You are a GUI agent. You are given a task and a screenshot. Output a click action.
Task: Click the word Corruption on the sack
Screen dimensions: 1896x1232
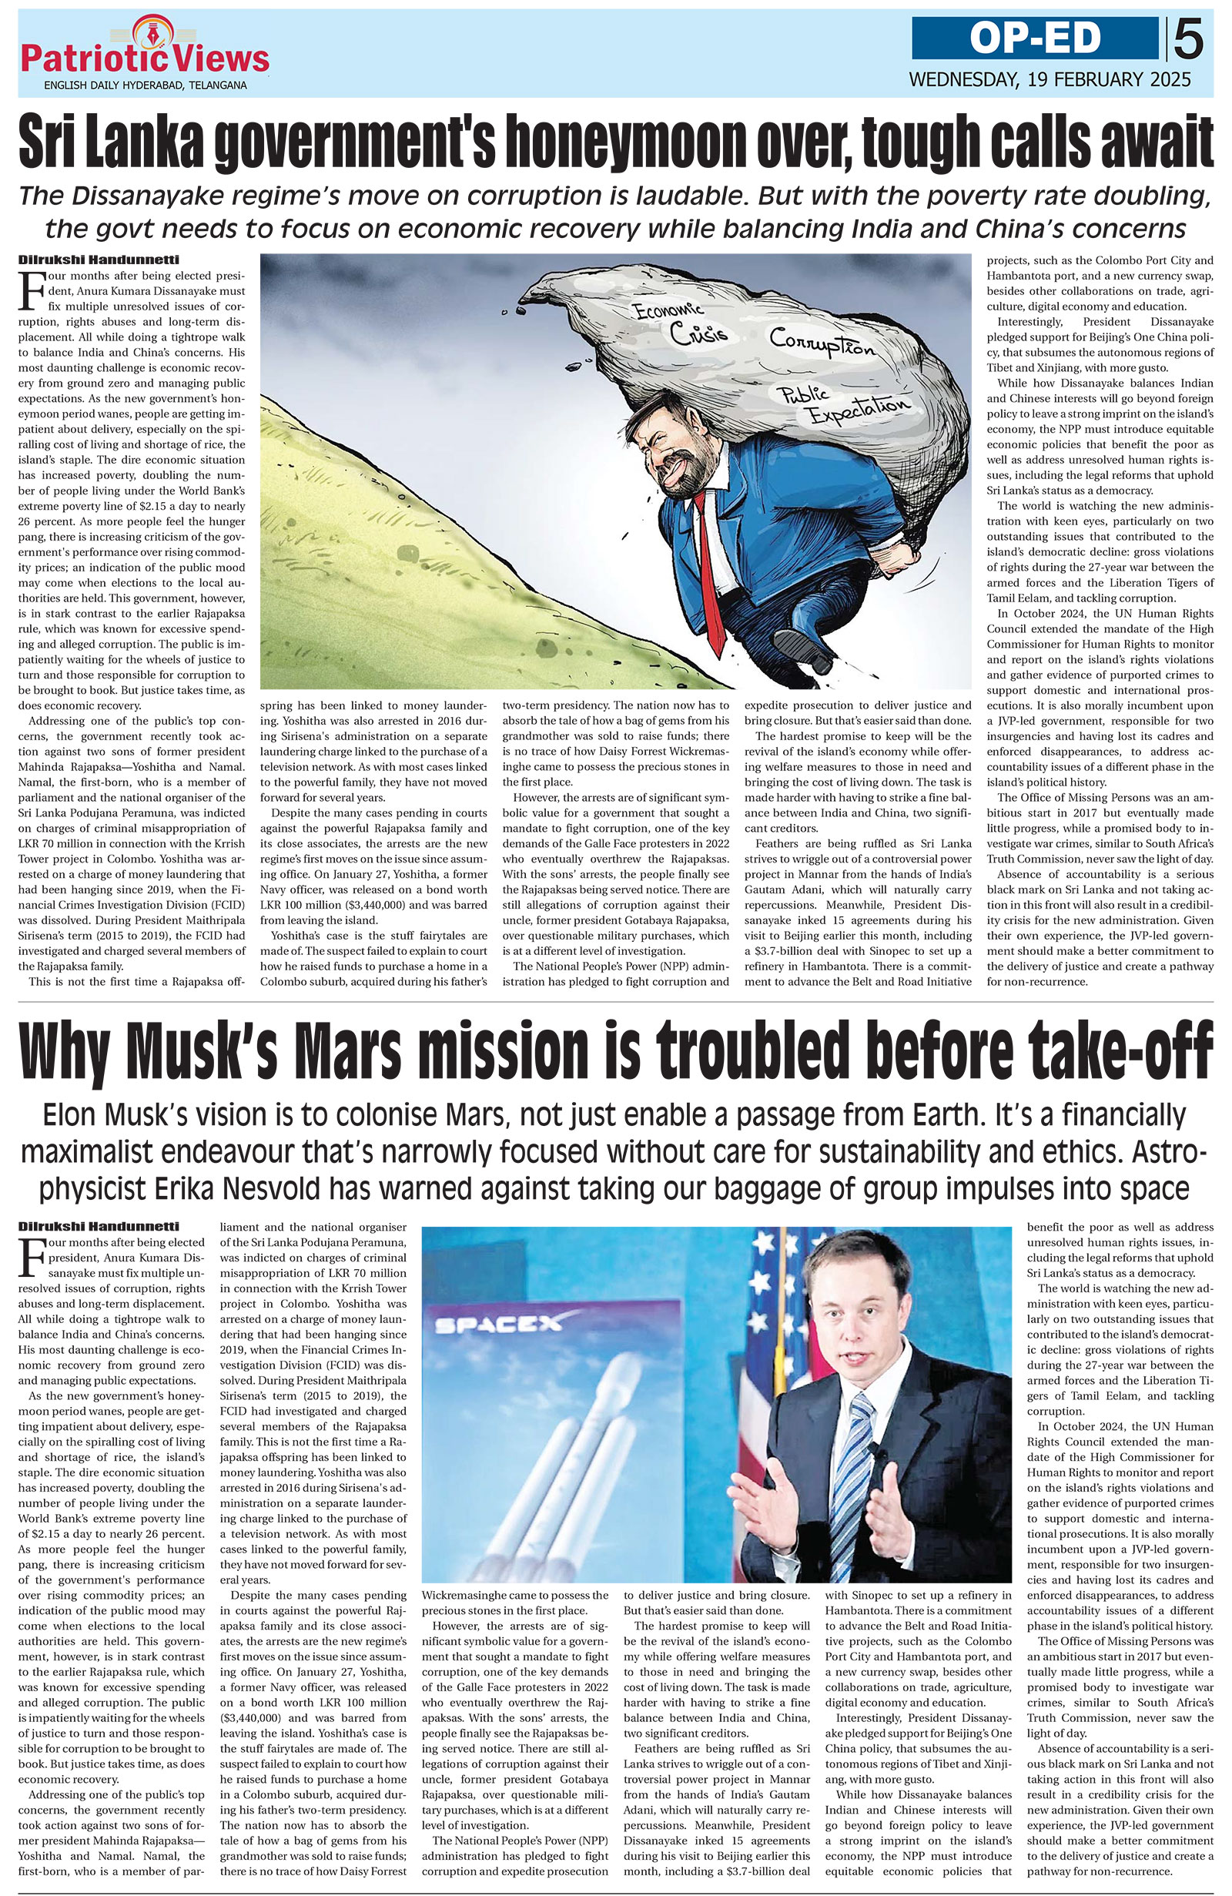(x=822, y=343)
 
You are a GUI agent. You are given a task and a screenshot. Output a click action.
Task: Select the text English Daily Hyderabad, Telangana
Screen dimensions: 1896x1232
(x=145, y=85)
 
